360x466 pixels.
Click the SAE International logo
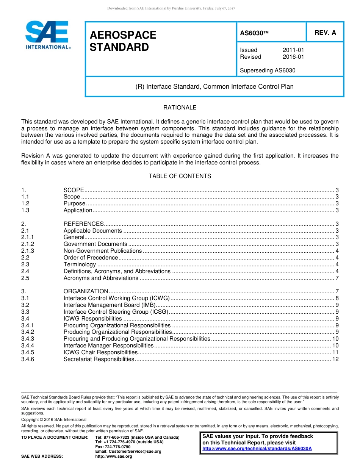[x=47, y=35]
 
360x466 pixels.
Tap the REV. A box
[x=325, y=33]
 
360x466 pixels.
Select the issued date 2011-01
[x=293, y=50]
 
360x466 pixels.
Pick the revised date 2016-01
[x=293, y=57]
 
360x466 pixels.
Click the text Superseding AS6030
[x=268, y=70]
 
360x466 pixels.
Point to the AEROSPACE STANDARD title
[x=123, y=41]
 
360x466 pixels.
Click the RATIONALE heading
[x=180, y=108]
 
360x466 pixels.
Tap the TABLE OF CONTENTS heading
[x=180, y=176]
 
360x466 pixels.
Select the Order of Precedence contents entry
[x=91, y=258]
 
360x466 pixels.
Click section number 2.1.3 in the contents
[x=28, y=251]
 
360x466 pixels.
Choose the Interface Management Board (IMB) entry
[x=109, y=305]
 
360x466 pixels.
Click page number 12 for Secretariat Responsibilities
[x=335, y=359]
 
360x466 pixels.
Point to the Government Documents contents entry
[x=95, y=244]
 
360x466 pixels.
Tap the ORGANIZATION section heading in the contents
[x=86, y=291]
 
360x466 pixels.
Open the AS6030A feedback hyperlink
[x=257, y=449]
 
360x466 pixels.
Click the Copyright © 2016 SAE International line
[x=54, y=419]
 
